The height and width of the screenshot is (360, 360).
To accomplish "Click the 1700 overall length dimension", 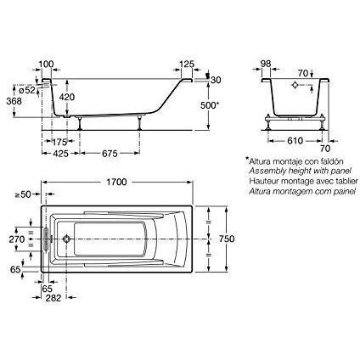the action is tap(116, 182).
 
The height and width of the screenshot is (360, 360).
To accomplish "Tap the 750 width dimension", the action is tap(227, 239).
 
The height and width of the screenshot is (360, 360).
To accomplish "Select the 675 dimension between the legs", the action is tap(110, 154).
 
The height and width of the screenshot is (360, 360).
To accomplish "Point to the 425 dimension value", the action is tap(61, 154).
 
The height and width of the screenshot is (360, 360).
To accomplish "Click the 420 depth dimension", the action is tap(67, 97).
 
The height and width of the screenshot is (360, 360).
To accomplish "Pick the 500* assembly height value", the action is tap(210, 105).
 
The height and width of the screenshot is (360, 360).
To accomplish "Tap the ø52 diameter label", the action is tap(27, 90).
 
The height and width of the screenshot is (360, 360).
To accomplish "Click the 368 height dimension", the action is tap(14, 101).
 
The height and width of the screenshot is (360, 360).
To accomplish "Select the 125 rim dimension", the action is tap(187, 65).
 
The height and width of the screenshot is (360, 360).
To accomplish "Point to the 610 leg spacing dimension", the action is tap(295, 141).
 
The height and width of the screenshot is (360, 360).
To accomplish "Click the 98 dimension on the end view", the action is tap(266, 64).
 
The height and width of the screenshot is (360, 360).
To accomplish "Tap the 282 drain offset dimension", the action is tap(53, 298).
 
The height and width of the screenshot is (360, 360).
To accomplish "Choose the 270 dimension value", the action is tap(17, 239).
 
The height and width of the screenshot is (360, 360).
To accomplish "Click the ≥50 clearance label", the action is tap(23, 194).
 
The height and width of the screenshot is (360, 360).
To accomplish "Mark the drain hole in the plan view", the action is tap(66, 239).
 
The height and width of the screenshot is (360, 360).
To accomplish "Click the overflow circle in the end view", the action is tap(295, 85).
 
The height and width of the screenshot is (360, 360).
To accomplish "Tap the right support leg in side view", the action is tap(139, 122).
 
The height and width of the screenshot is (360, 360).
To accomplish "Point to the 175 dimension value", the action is tap(60, 142).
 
